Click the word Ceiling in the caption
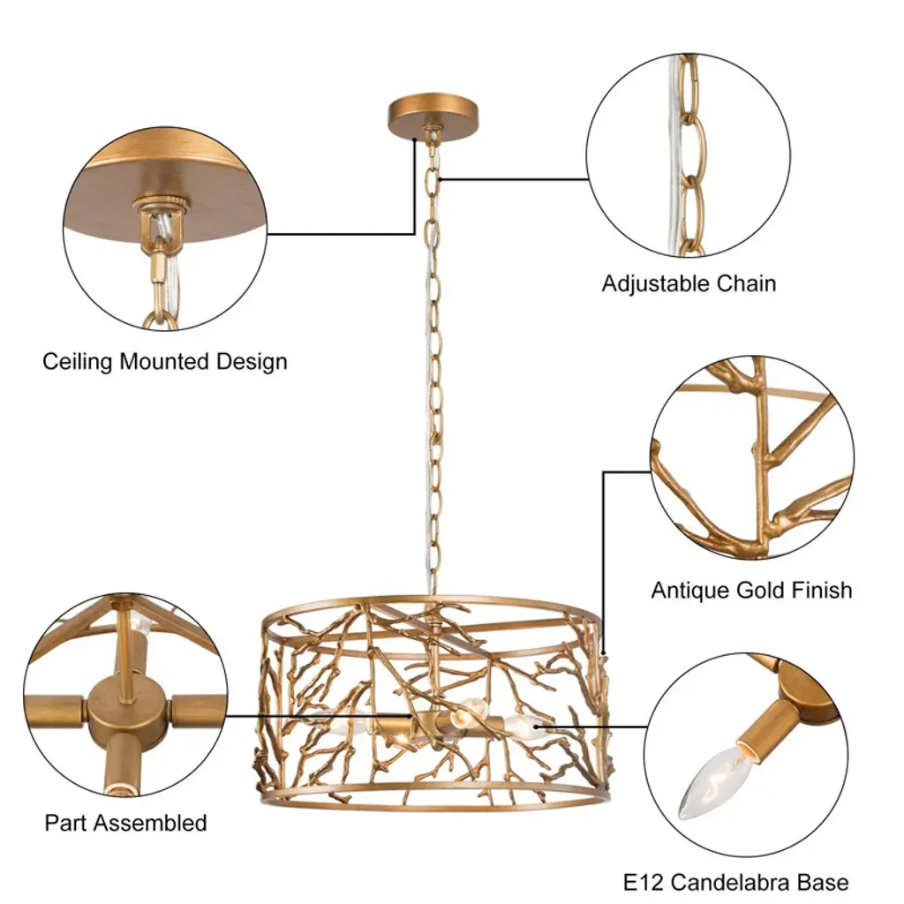[x=78, y=362]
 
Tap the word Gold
[x=762, y=590]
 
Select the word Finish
[x=823, y=590]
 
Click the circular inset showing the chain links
[x=688, y=155]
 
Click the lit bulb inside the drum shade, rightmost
[x=526, y=727]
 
